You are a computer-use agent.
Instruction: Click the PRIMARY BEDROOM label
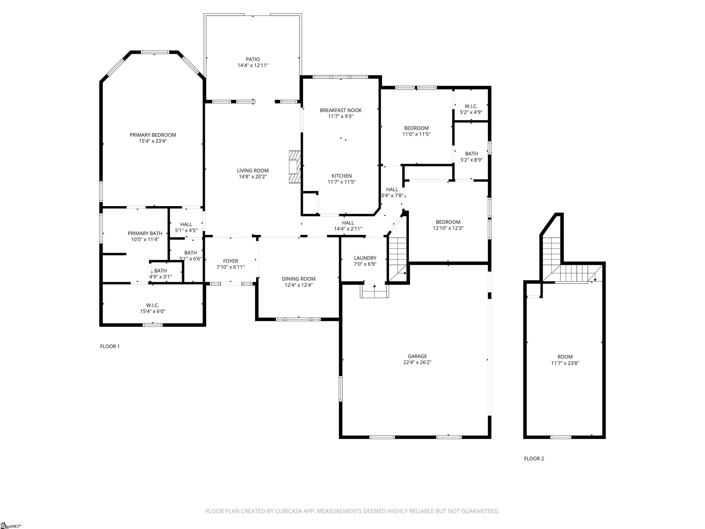click(x=153, y=135)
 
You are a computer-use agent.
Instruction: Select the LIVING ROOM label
click(x=253, y=171)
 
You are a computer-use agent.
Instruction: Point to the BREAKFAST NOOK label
click(x=341, y=110)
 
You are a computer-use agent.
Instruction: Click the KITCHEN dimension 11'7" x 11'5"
click(x=342, y=182)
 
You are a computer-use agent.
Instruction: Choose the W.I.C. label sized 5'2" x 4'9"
click(x=471, y=106)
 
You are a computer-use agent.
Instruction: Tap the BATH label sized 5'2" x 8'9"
click(x=471, y=154)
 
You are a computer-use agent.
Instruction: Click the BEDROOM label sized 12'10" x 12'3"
click(x=448, y=222)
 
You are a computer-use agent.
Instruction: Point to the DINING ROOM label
click(x=299, y=279)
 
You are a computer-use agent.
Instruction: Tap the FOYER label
click(x=230, y=261)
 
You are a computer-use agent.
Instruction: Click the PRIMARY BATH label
click(x=145, y=234)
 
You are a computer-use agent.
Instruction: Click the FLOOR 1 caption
click(x=110, y=346)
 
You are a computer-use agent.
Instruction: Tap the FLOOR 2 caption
click(x=534, y=459)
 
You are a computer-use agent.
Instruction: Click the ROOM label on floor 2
click(x=565, y=357)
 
